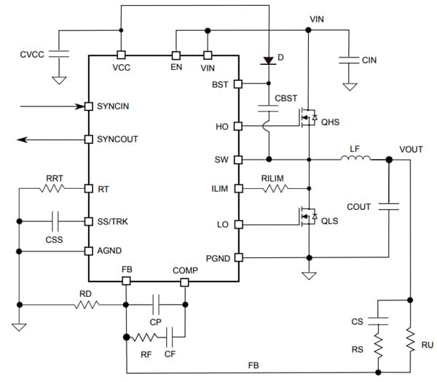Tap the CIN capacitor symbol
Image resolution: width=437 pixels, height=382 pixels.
350,60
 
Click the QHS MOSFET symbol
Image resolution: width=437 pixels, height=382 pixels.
307,116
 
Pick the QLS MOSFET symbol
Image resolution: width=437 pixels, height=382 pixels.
307,216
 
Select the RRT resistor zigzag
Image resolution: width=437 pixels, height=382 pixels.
53,189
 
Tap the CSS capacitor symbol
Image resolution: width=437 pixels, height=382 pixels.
54,221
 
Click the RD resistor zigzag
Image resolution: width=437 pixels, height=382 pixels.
85,305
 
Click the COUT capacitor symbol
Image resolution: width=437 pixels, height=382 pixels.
389,207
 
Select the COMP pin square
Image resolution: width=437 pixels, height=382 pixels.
185,281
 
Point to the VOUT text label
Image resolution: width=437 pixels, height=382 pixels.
411,149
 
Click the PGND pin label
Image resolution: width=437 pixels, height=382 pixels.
217,257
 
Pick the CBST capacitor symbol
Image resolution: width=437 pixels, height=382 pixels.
269,109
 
